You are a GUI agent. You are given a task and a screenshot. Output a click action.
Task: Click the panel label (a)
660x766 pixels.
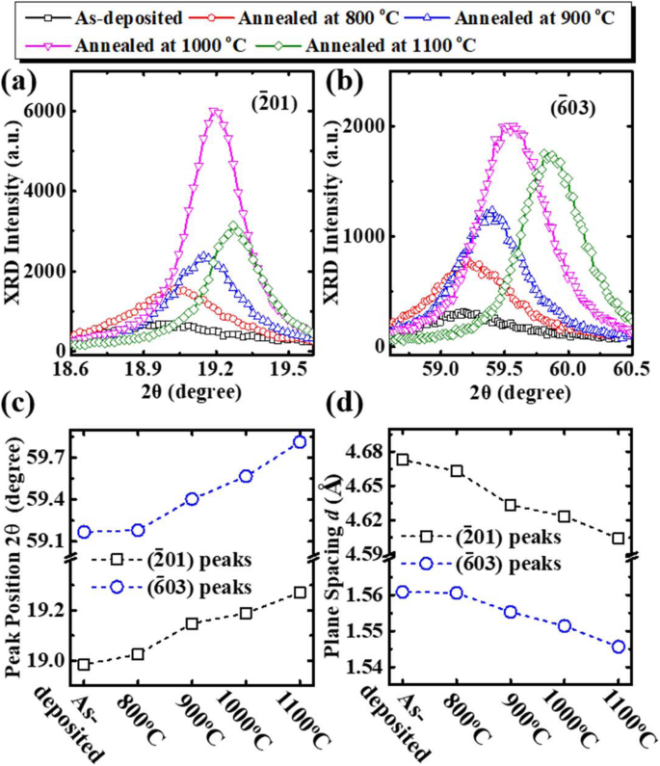tap(21, 82)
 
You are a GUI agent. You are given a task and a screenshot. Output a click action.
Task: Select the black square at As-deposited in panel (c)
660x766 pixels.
tap(84, 664)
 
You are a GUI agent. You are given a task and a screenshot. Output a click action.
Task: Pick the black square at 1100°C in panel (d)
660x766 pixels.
tap(618, 538)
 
